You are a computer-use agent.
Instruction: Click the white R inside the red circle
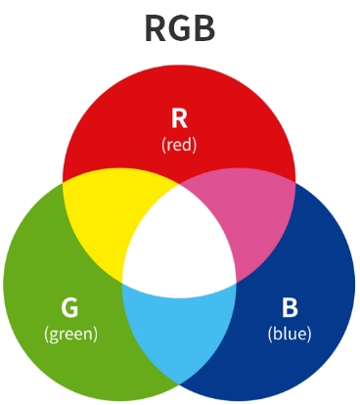[x=179, y=119]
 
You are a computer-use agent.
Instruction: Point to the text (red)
[x=179, y=144]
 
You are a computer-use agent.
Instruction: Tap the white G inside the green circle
[x=69, y=309]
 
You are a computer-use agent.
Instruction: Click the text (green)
[x=70, y=334]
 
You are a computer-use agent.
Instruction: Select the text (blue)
[x=290, y=334]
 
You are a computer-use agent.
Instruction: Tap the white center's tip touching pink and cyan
[x=236, y=283]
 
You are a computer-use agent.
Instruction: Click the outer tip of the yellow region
[x=65, y=182]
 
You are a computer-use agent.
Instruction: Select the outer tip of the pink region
[x=293, y=182]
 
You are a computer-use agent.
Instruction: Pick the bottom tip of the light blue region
[x=179, y=381]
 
